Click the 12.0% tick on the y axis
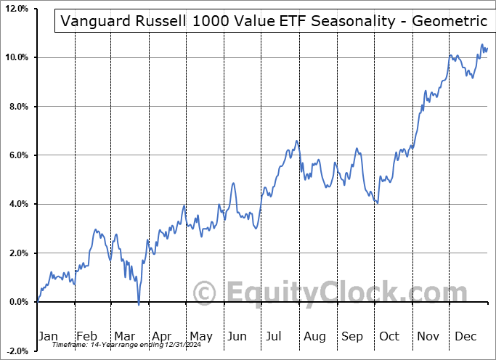pos(16,9)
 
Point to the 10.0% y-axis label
pos(16,57)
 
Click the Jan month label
pos(49,336)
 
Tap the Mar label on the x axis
pos(123,336)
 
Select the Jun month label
pos(236,336)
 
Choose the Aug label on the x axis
pos(314,336)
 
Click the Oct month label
pos(389,336)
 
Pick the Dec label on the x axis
pos(465,336)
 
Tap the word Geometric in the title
pos(450,21)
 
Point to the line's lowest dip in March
pos(138,303)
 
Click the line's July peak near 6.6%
pos(296,141)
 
